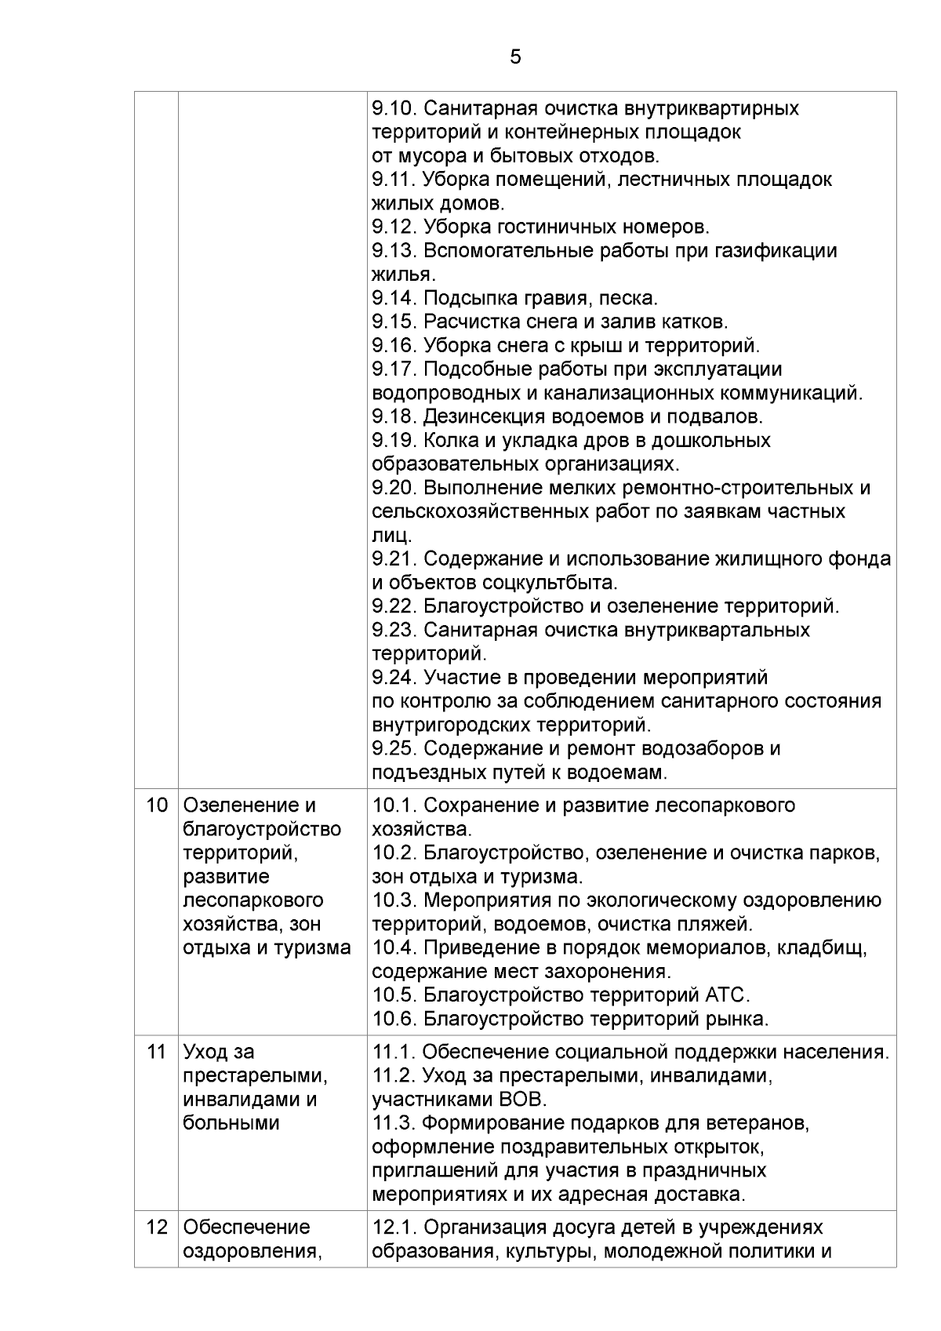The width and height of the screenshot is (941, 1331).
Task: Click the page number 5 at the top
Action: [x=515, y=57]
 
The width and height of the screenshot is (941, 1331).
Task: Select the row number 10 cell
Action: [x=157, y=806]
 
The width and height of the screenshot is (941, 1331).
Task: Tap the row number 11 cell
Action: [x=157, y=1052]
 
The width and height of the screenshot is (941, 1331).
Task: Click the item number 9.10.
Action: [x=394, y=108]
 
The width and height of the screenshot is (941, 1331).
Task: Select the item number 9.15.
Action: [x=394, y=322]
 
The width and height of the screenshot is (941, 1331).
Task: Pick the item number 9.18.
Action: [x=394, y=416]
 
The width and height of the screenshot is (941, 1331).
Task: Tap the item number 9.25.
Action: [x=394, y=748]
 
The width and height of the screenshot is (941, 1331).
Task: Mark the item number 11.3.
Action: [x=394, y=1123]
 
